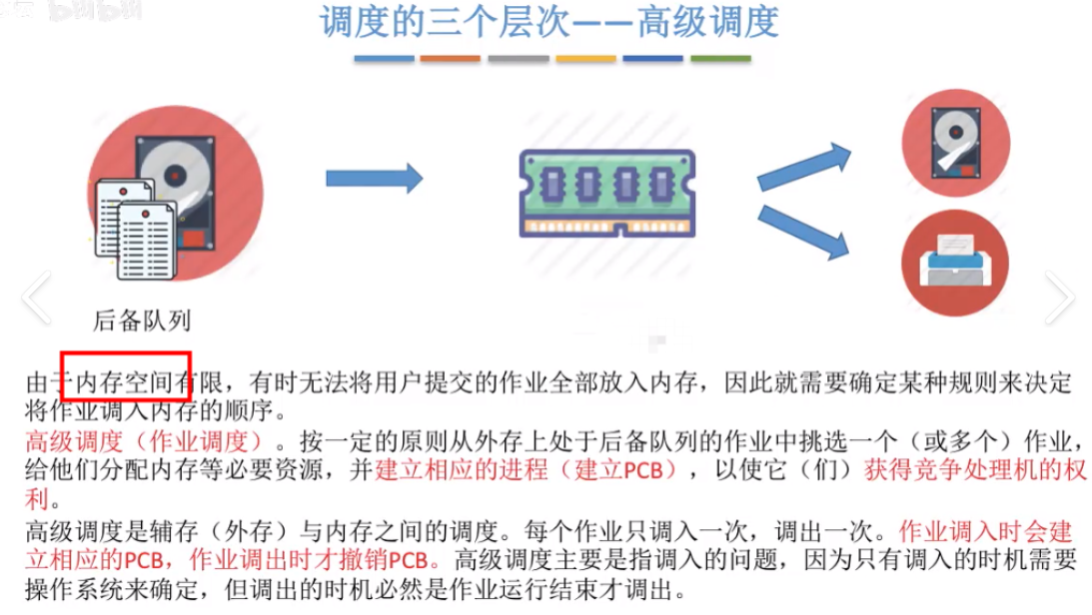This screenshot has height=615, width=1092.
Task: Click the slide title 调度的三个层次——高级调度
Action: (x=548, y=24)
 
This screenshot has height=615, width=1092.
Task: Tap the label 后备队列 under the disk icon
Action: (x=141, y=321)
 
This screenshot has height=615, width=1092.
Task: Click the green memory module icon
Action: (x=606, y=192)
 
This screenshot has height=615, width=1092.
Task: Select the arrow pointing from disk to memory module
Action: (x=375, y=179)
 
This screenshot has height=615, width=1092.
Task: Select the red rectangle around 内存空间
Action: (x=126, y=374)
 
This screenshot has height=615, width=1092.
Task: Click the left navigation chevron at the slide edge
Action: (x=36, y=297)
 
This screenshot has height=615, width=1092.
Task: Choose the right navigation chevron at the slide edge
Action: (x=1059, y=297)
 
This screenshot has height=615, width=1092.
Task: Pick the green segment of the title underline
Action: (x=720, y=59)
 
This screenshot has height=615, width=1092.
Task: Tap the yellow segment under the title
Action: (x=585, y=59)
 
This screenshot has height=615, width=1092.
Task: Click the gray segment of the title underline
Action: (x=519, y=59)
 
